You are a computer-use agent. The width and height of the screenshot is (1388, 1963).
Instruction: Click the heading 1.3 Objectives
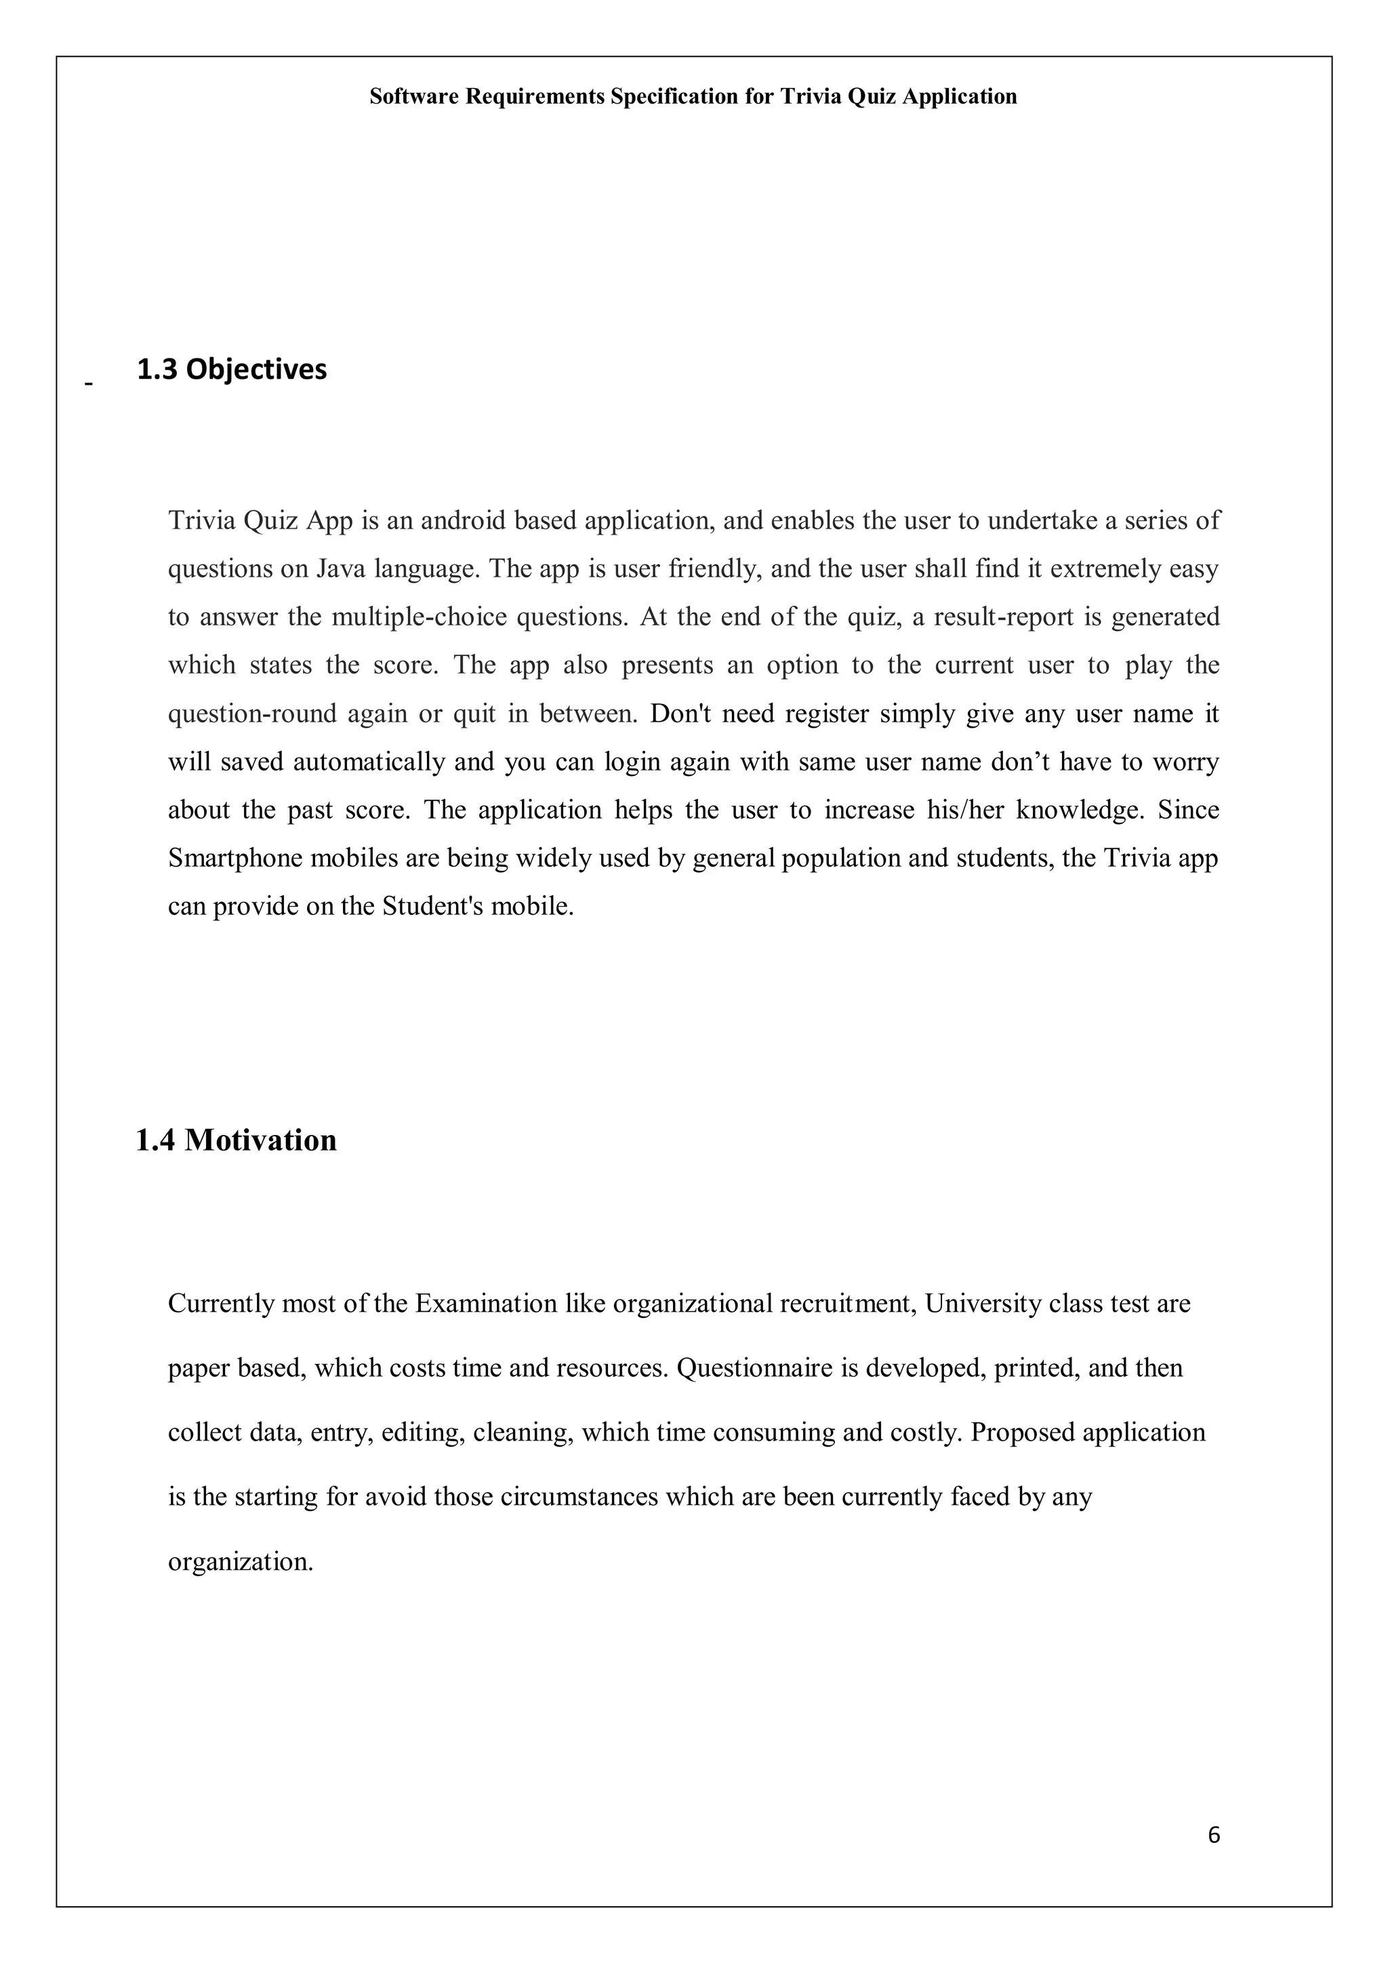232,369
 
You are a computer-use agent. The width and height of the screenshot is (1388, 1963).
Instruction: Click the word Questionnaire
754,1368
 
